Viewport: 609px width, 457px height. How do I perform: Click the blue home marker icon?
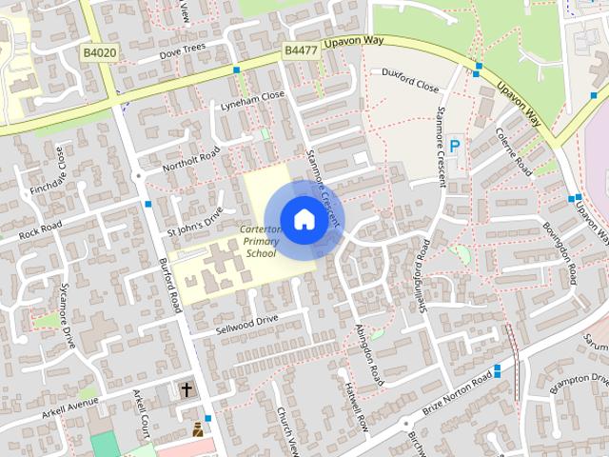(x=303, y=218)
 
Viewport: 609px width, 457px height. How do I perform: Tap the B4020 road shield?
(x=99, y=54)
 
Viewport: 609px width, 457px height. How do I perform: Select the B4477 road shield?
(x=300, y=50)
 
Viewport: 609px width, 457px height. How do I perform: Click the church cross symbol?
(x=187, y=389)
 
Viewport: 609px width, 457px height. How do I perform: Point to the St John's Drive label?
(x=194, y=220)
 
